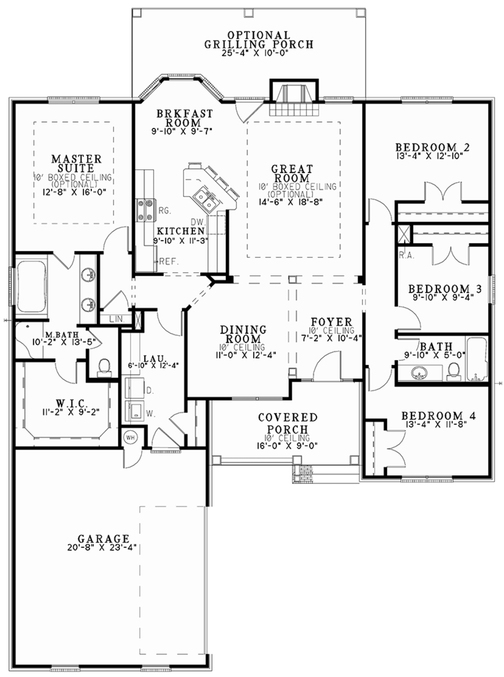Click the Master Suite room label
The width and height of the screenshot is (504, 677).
(x=77, y=163)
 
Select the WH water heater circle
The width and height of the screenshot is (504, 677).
(x=130, y=437)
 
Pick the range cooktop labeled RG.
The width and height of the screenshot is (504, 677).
(x=146, y=209)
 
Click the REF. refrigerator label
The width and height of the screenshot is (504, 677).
(x=169, y=262)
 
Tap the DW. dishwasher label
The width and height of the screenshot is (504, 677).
(x=197, y=222)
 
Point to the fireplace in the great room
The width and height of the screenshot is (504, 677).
(x=292, y=99)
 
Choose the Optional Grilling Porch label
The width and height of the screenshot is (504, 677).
(x=259, y=40)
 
